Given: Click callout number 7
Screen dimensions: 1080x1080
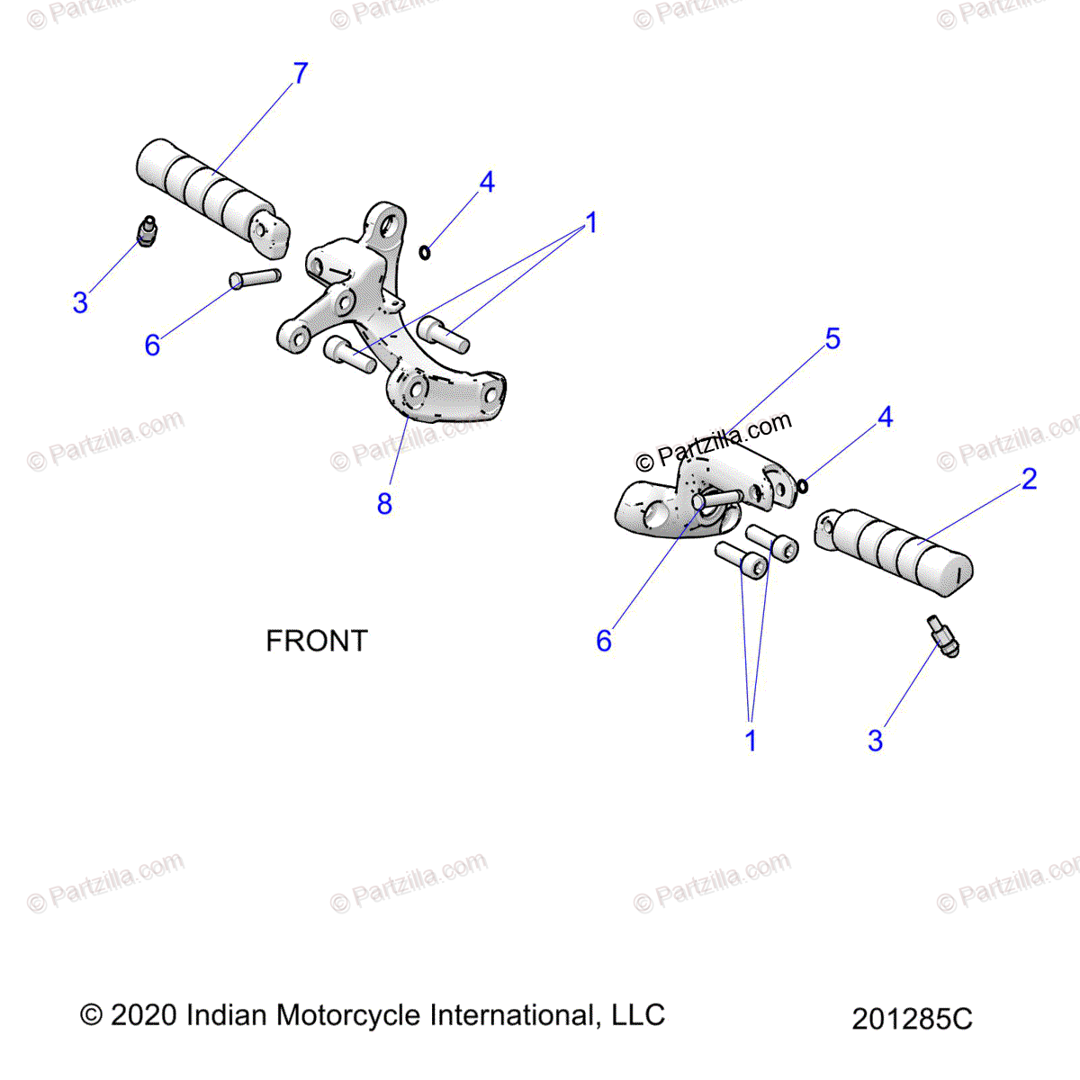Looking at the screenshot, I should [301, 73].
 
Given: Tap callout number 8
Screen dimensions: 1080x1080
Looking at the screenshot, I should [384, 504].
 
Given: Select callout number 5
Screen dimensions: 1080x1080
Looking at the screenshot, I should [832, 338].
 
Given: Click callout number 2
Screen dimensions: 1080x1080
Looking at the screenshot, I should [1030, 479].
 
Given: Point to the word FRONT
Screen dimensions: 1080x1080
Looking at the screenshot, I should [317, 641].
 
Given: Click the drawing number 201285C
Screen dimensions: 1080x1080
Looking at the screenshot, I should [912, 1019].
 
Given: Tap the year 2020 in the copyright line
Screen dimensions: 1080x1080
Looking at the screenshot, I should [144, 1015].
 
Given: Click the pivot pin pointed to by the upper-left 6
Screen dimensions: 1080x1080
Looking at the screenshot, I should [256, 278].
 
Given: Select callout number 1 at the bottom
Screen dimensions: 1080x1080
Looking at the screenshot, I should [751, 741].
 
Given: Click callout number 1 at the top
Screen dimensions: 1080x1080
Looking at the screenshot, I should [591, 222].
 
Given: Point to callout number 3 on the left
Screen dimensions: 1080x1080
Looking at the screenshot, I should [80, 302].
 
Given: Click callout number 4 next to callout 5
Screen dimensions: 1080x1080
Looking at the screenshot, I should [885, 417].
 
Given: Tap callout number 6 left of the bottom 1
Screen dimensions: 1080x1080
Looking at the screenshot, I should [604, 641].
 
